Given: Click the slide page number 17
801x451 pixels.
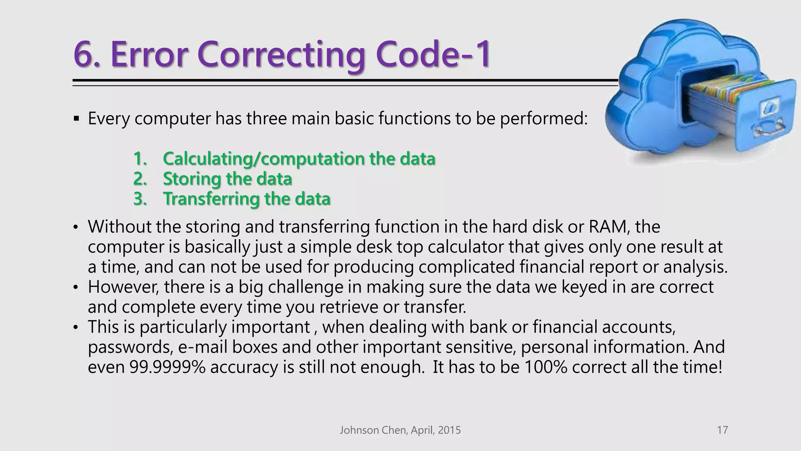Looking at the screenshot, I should click(722, 430).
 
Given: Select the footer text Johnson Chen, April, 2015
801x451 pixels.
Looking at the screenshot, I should click(400, 430).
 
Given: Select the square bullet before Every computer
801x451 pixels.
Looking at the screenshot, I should click(76, 118).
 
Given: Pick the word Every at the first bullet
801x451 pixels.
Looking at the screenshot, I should click(108, 118).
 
